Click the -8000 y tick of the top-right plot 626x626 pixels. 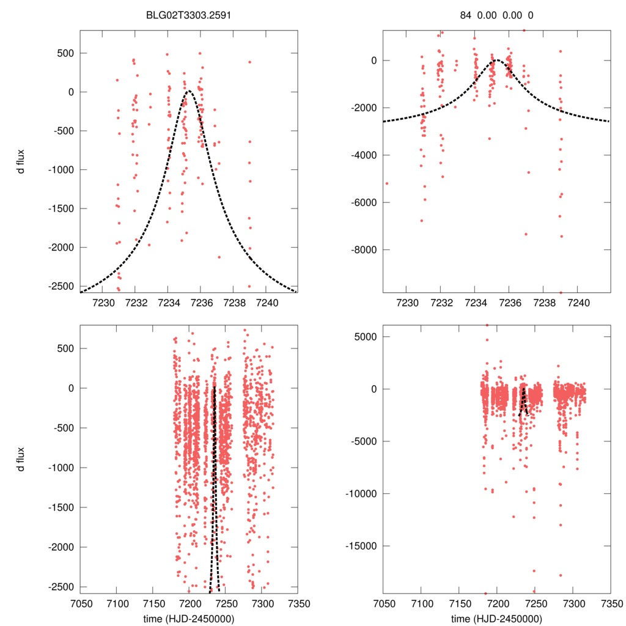pos(364,250)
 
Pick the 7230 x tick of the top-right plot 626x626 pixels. pos(408,303)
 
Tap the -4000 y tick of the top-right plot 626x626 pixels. pos(364,155)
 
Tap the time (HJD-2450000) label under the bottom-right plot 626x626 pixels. pos(496,619)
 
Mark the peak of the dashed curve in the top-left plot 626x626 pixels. pos(188,92)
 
